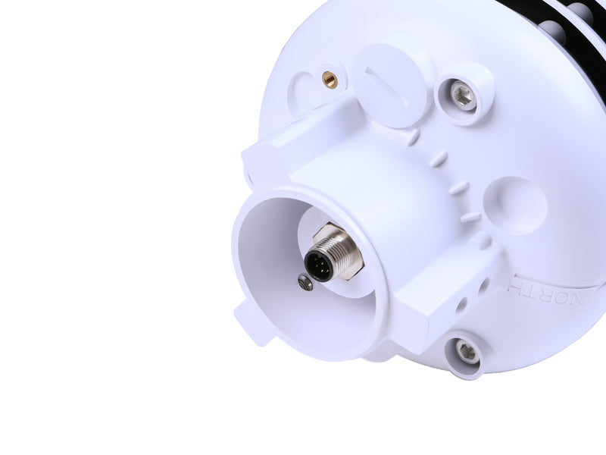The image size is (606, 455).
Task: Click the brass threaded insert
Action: [x=330, y=79]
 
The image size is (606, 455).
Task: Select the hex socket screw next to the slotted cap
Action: [x=462, y=96]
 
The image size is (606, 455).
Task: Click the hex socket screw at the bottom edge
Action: [x=467, y=351]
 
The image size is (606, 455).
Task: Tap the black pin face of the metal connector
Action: [x=318, y=265]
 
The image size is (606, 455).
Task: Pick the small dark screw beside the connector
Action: [x=305, y=284]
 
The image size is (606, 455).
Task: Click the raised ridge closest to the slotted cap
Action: [x=411, y=137]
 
